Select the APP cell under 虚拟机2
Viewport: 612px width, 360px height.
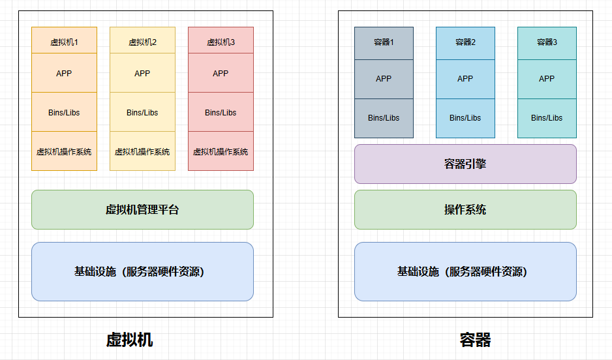[x=142, y=73]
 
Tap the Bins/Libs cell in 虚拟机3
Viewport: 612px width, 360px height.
[x=221, y=112]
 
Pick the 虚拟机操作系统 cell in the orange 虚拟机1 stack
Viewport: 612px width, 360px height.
[x=64, y=151]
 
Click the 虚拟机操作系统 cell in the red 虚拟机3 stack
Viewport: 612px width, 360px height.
[x=221, y=151]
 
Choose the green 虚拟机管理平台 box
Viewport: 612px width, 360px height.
[x=142, y=209]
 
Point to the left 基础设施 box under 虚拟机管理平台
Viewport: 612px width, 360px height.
[x=142, y=271]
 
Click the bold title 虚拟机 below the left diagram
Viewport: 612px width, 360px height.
[x=129, y=340]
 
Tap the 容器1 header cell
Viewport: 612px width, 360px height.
[x=384, y=43]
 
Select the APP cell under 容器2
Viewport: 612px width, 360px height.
[x=465, y=79]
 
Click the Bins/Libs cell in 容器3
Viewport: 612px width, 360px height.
[x=547, y=118]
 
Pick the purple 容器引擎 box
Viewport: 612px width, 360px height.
[x=465, y=164]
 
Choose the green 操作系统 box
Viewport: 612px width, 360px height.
[x=465, y=209]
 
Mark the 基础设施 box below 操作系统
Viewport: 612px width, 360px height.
[x=465, y=271]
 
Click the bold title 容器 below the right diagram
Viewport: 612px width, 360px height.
[x=475, y=340]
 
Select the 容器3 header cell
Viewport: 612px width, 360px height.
[x=547, y=43]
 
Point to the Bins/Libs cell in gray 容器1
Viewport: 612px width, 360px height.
[x=384, y=118]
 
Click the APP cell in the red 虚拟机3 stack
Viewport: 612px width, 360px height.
[x=221, y=73]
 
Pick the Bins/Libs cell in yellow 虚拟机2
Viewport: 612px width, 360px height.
[x=142, y=112]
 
